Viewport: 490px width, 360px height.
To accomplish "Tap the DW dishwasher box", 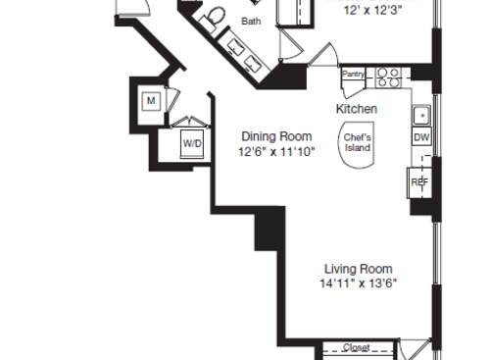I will [x=420, y=138].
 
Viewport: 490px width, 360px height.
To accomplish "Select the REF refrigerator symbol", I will [x=419, y=181].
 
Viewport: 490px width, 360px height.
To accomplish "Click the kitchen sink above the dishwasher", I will [x=420, y=115].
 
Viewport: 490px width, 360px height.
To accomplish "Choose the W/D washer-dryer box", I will [x=191, y=143].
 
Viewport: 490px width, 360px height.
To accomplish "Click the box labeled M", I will [x=152, y=100].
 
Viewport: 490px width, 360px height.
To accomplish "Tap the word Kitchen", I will [x=357, y=108].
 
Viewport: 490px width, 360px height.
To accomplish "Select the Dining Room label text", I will [x=276, y=136].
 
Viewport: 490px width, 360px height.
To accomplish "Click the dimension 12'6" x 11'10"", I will [x=276, y=152].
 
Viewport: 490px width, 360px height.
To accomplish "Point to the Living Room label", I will [x=359, y=269].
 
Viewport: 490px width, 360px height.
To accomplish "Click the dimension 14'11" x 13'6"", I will [x=359, y=284].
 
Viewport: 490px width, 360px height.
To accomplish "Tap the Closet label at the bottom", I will [x=357, y=347].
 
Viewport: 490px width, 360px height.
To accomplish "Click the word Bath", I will [x=252, y=21].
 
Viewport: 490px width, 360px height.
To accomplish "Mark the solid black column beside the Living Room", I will [x=269, y=233].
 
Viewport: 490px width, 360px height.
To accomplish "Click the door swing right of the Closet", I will [x=419, y=350].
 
